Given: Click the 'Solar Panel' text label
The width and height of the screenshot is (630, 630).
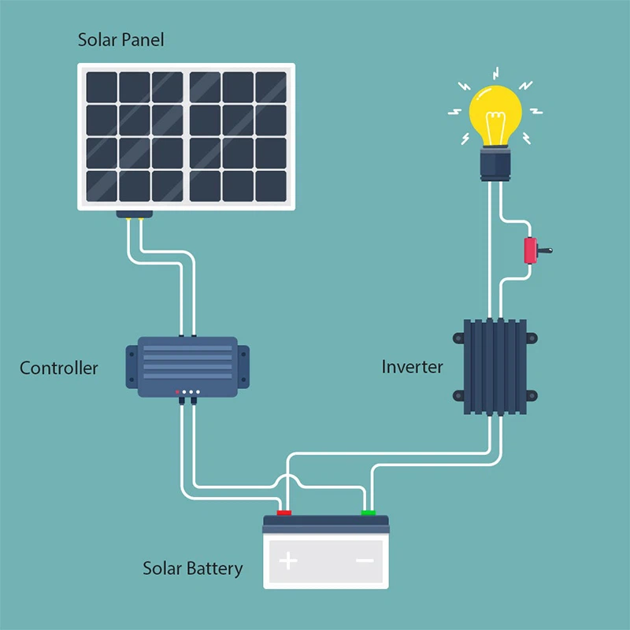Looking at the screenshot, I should tap(120, 39).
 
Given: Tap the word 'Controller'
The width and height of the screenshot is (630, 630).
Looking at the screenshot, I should tap(59, 368).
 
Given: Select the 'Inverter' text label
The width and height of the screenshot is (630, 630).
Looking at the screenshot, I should tap(412, 366).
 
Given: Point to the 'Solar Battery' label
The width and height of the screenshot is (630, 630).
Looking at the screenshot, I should tap(192, 568).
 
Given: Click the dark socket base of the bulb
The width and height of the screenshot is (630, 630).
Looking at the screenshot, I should tap(496, 165).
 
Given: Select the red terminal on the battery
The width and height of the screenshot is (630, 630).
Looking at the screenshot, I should tap(284, 513).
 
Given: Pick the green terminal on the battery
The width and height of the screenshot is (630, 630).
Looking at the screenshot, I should tap(368, 513).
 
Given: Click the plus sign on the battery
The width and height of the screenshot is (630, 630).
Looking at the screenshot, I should tap(289, 561).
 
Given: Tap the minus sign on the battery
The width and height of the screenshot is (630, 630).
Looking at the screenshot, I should tap(365, 561).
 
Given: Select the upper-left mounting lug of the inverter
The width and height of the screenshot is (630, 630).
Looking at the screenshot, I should tap(458, 338).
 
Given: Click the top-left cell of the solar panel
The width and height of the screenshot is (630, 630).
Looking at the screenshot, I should tap(102, 87).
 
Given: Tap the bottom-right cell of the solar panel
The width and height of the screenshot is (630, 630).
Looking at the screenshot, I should tap(270, 185).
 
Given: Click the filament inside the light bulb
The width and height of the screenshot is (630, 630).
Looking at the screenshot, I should tap(495, 126).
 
